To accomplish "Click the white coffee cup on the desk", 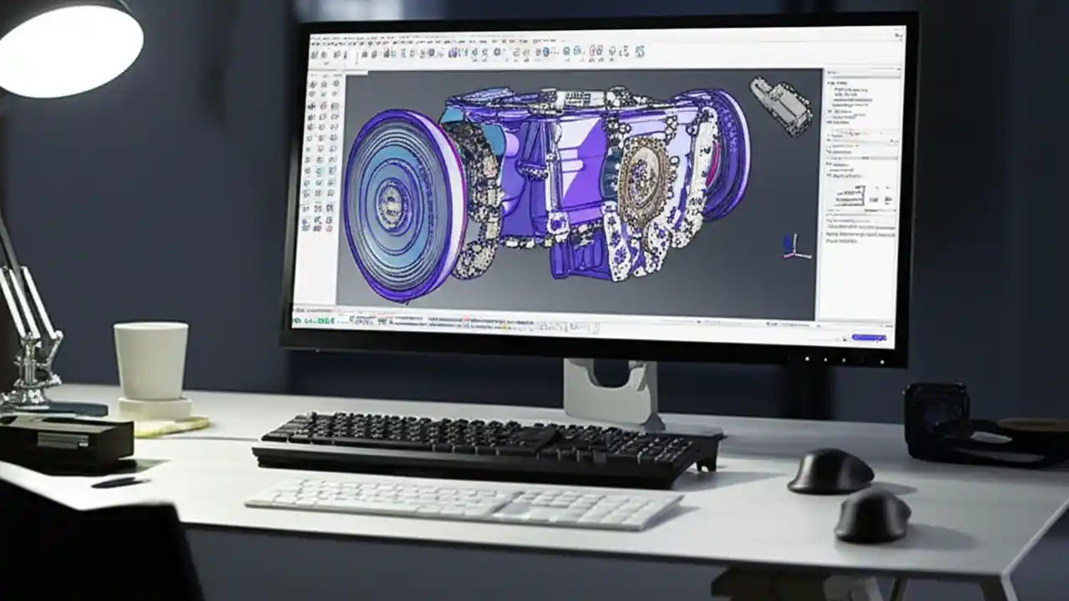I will (150, 360).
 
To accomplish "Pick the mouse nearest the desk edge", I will (872, 516).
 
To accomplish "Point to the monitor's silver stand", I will (608, 392).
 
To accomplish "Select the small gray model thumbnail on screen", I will (782, 104).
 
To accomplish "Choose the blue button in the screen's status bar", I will (869, 338).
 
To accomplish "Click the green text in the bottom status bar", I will (313, 320).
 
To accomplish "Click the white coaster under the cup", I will (155, 408).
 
